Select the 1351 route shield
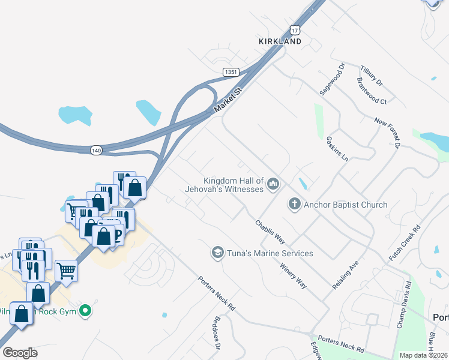pyautogui.click(x=231, y=72)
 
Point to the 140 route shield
pyautogui.click(x=97, y=149)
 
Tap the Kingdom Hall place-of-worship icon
pyautogui.click(x=273, y=184)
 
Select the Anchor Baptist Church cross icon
pyautogui.click(x=294, y=205)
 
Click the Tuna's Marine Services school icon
pyautogui.click(x=217, y=253)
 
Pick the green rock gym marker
pyautogui.click(x=86, y=311)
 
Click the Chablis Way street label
pyautogui.click(x=270, y=230)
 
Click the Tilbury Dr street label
pyautogui.click(x=371, y=74)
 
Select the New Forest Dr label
pyautogui.click(x=387, y=133)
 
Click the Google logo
pyautogui.click(x=20, y=352)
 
